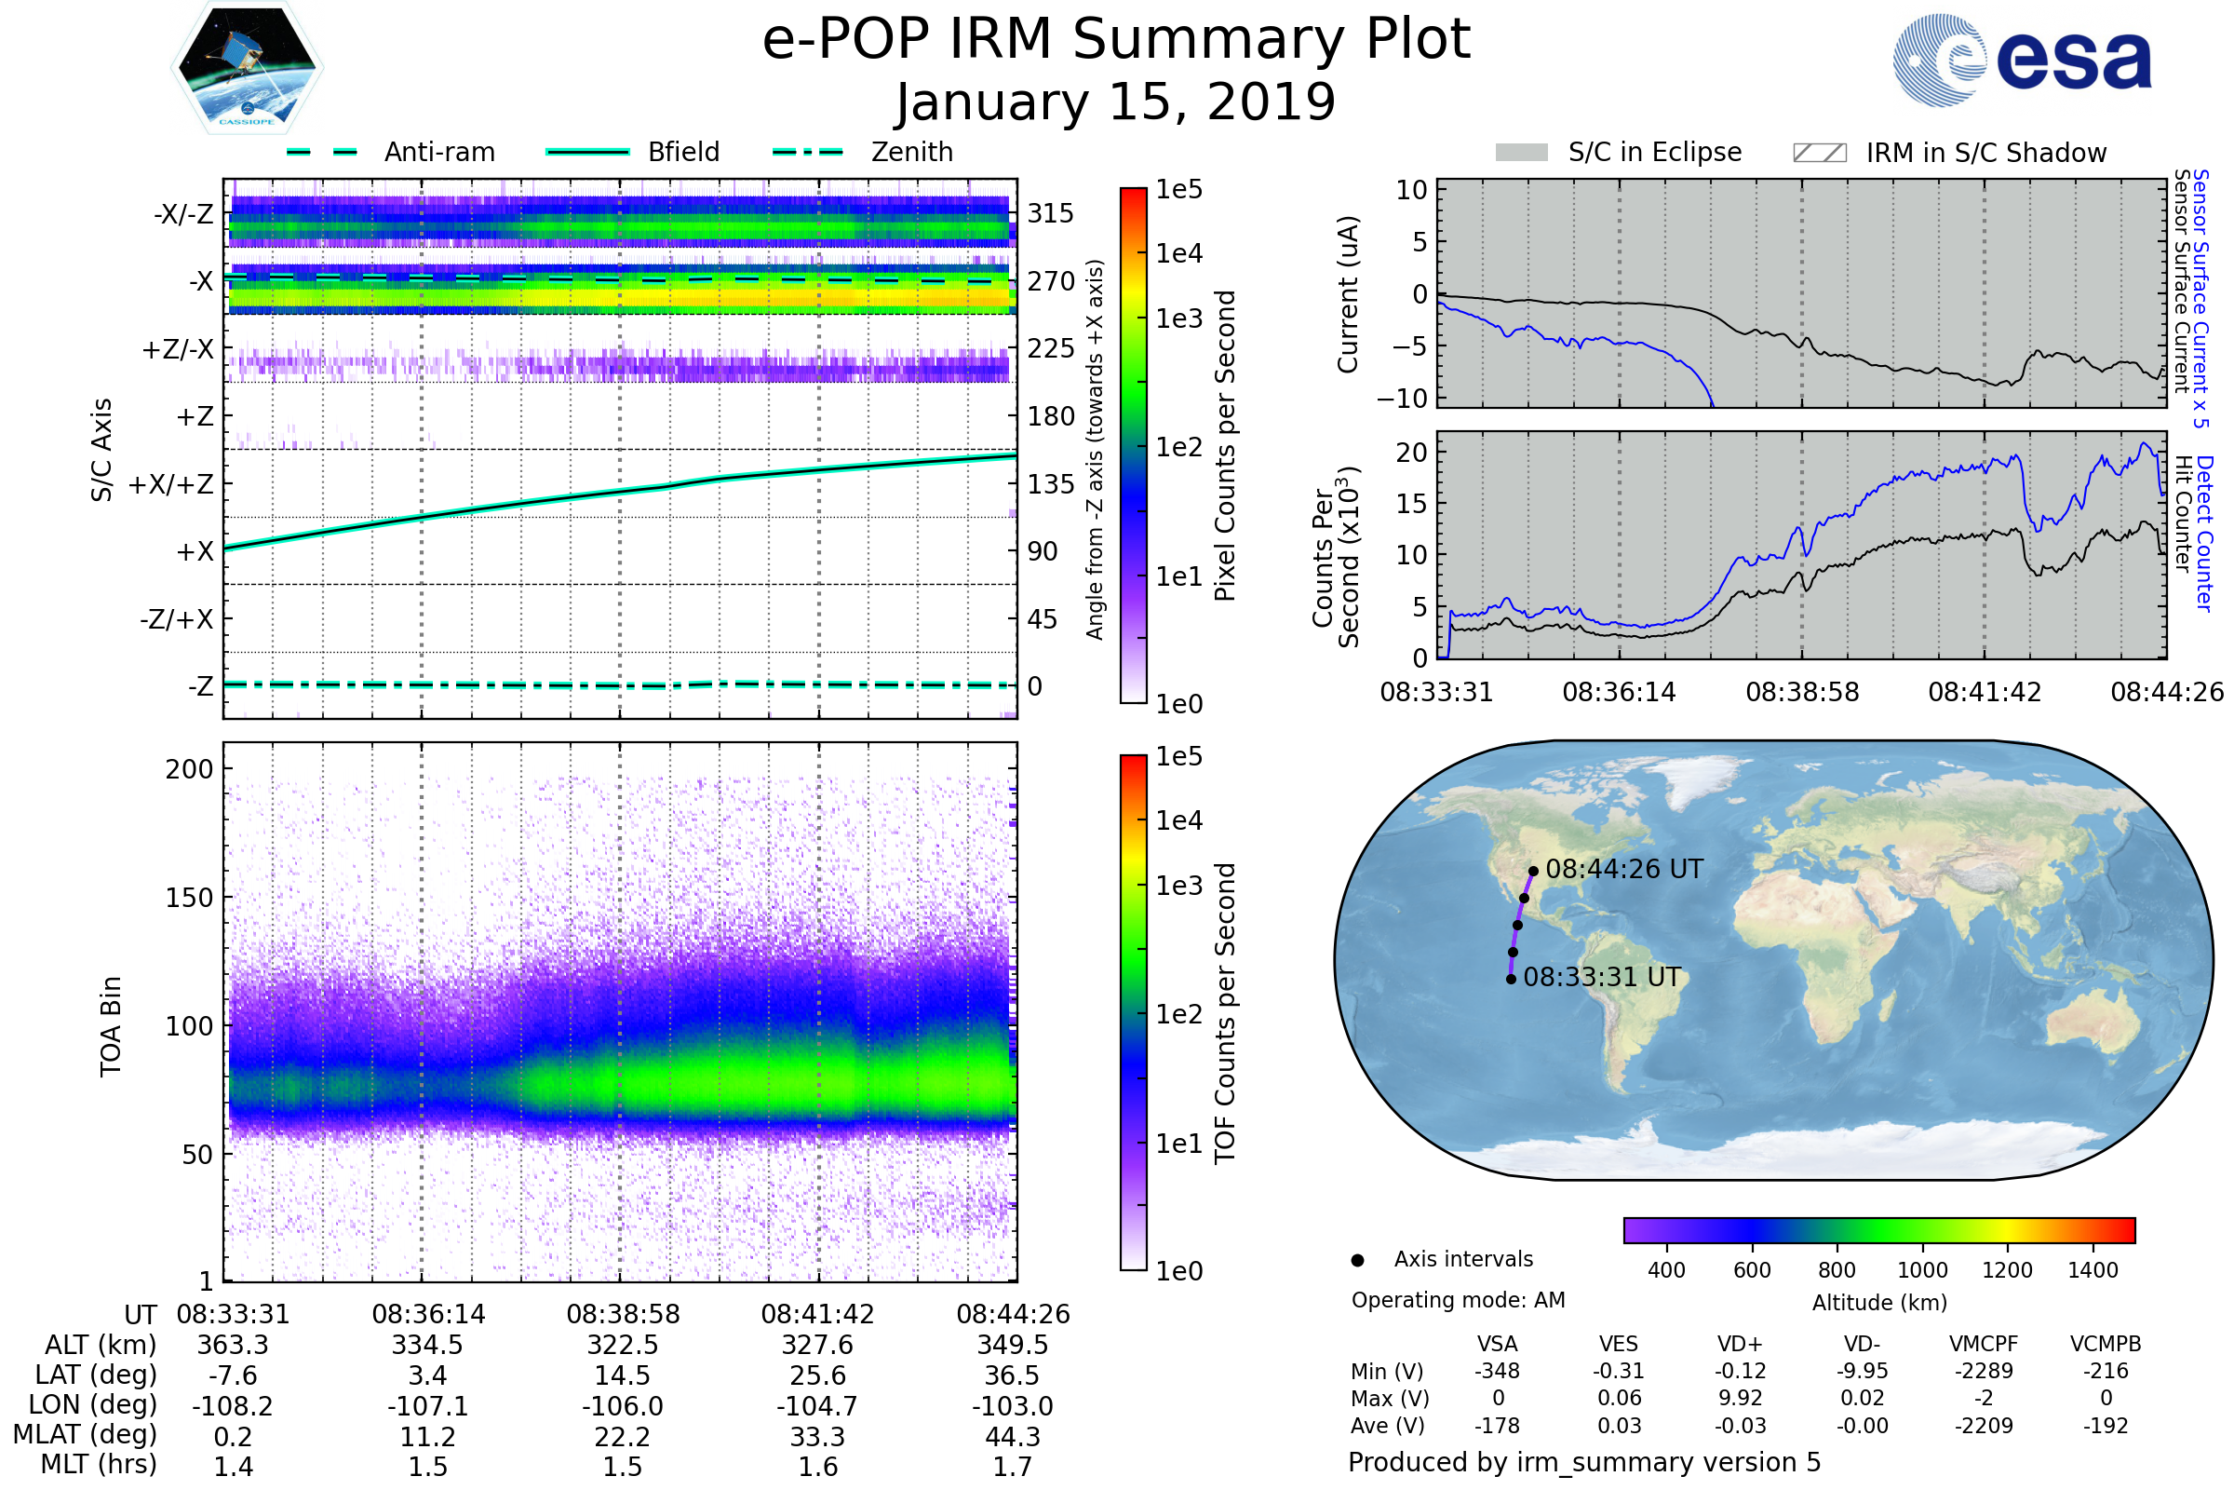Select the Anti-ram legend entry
click(x=438, y=152)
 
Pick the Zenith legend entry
click(x=911, y=152)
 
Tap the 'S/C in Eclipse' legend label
click(x=1654, y=152)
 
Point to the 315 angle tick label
click(x=1051, y=213)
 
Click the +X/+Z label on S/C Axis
click(x=171, y=484)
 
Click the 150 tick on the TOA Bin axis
click(x=189, y=898)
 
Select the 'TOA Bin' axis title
click(x=110, y=1026)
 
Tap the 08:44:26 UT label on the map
click(x=1624, y=870)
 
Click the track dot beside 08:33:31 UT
click(x=1511, y=980)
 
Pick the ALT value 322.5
click(x=622, y=1346)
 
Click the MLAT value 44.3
click(x=1013, y=1437)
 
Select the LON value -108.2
click(x=233, y=1406)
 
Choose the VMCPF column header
click(x=1984, y=1345)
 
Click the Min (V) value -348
click(x=1497, y=1371)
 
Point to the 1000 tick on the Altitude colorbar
click(x=1922, y=1270)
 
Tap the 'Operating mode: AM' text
click(x=1458, y=1300)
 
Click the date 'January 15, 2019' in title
click(x=1116, y=102)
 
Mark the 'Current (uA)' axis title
click(x=1348, y=294)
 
